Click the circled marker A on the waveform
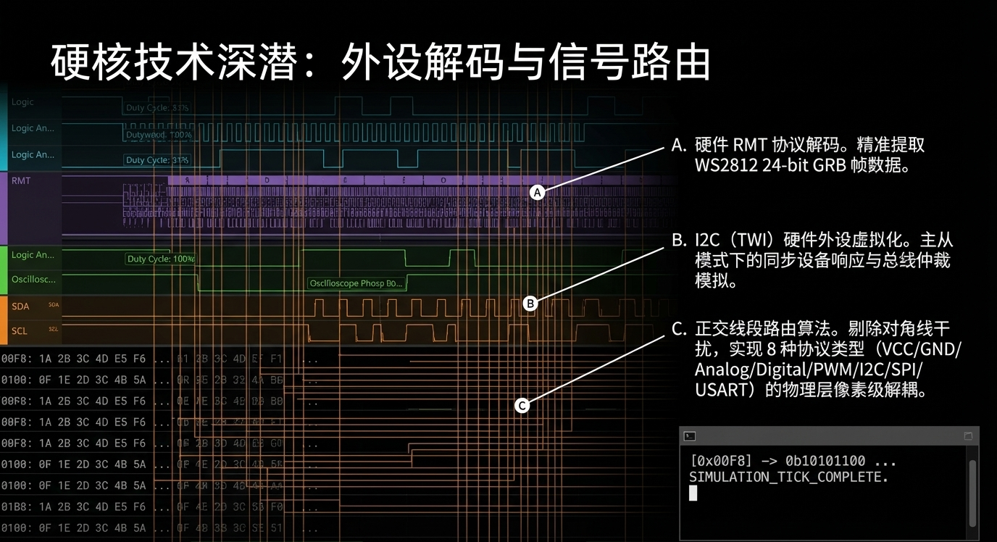[x=537, y=192]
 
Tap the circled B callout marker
[x=530, y=304]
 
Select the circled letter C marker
[x=522, y=406]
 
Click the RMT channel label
[x=22, y=180]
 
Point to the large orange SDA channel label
[x=20, y=307]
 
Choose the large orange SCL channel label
[x=20, y=331]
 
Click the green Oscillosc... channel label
[x=33, y=280]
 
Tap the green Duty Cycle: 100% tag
[x=160, y=259]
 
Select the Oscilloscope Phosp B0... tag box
[x=356, y=283]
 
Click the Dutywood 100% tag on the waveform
[x=159, y=135]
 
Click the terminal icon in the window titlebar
[x=690, y=436]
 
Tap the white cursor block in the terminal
[x=693, y=493]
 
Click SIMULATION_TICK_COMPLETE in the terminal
[x=788, y=478]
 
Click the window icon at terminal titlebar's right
[x=968, y=436]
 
